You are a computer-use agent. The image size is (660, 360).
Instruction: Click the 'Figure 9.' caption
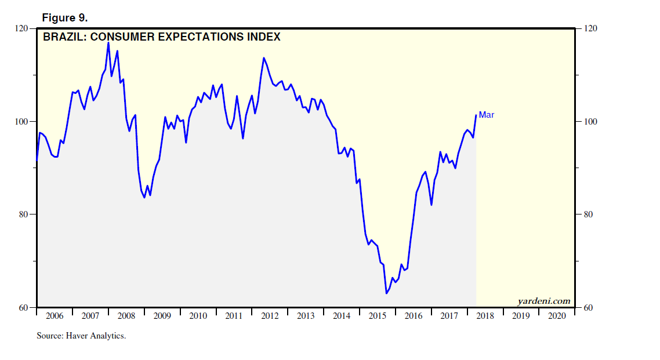coord(64,18)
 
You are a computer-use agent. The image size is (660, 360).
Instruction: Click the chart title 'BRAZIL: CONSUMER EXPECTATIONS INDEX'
coord(162,37)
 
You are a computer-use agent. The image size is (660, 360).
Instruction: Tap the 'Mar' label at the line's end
coord(486,115)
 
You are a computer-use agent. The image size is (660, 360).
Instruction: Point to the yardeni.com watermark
coord(543,301)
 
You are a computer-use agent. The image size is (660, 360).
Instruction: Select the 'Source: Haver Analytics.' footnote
coord(81,336)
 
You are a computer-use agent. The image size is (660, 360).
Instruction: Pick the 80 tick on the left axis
coord(24,214)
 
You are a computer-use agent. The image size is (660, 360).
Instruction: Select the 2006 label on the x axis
coord(54,316)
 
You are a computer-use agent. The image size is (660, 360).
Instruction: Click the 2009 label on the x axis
coord(162,316)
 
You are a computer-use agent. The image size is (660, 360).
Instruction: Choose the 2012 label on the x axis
coord(270,316)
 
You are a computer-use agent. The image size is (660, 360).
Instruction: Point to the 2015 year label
coord(378,316)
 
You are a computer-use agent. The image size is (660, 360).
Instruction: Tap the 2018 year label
coord(485,316)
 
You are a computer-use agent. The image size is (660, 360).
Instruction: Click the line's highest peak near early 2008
coord(108,42)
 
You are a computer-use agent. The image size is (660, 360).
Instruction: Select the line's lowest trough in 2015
coord(386,293)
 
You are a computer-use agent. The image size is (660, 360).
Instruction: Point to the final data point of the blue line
coord(476,115)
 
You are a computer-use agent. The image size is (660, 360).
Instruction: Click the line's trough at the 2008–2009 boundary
coord(144,198)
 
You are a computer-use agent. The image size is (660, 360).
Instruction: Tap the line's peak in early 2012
coord(263,57)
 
